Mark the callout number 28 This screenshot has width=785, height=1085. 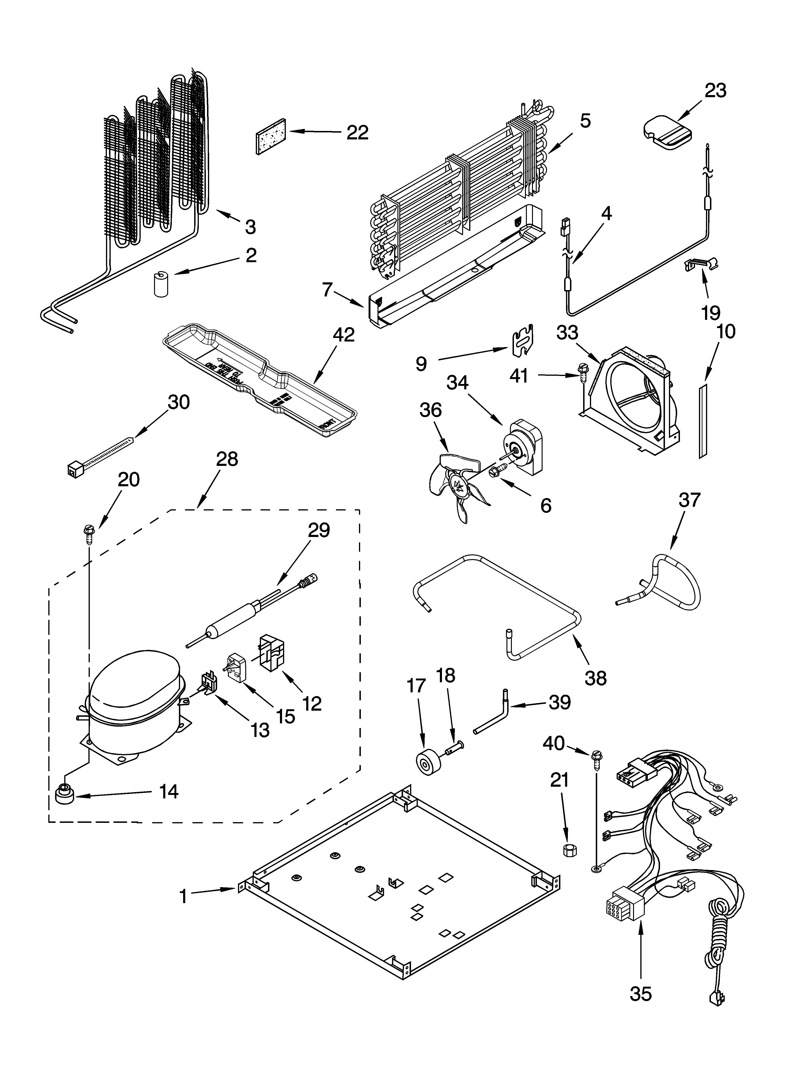click(x=226, y=459)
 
